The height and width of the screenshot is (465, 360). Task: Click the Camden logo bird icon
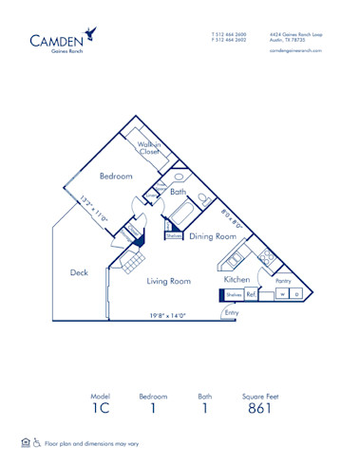(x=89, y=33)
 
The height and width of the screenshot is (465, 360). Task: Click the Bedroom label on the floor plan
(x=116, y=177)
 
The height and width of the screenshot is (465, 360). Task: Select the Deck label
(x=79, y=273)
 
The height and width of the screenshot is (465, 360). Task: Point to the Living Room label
(x=168, y=281)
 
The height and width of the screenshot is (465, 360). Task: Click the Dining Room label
(x=212, y=236)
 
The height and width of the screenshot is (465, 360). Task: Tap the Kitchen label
(x=237, y=280)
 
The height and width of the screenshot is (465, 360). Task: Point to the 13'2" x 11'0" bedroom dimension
(x=96, y=208)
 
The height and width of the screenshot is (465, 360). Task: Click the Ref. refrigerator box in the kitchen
(x=251, y=295)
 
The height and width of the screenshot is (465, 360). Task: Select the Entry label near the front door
(x=232, y=312)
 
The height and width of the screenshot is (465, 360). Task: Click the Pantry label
(x=282, y=282)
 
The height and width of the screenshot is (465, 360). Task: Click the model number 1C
(x=100, y=409)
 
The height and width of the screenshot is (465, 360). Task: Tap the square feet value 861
(x=260, y=409)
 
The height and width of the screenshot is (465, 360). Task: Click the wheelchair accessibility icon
(x=37, y=443)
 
